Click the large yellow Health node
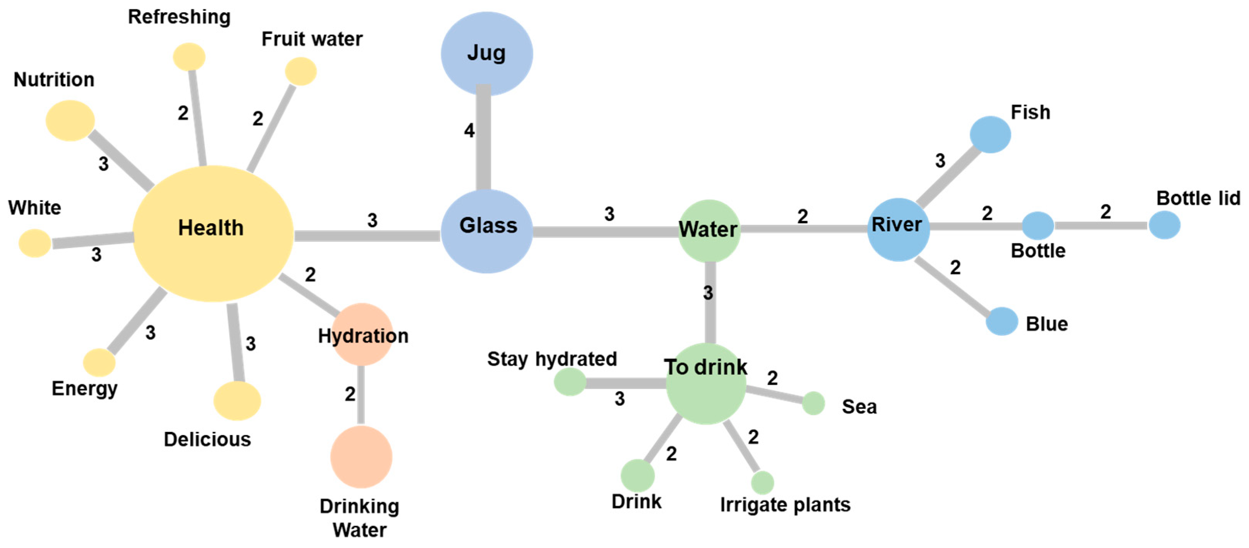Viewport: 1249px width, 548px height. (x=213, y=234)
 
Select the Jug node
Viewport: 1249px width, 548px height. (x=486, y=53)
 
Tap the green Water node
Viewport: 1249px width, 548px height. (x=708, y=231)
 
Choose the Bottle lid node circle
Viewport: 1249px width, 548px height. (x=1164, y=225)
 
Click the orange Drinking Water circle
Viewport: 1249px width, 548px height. (x=361, y=457)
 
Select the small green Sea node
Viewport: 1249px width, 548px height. (x=813, y=403)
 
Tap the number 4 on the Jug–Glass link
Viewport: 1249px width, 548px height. (x=469, y=130)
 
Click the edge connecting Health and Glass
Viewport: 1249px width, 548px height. (x=367, y=236)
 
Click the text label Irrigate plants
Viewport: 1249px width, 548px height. (x=784, y=505)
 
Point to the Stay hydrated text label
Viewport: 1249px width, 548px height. (x=551, y=359)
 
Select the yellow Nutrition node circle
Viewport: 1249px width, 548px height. (x=70, y=121)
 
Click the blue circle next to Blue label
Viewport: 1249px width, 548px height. (x=1001, y=321)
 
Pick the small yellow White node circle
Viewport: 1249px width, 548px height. (x=35, y=243)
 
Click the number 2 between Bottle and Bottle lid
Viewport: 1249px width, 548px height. (x=1105, y=212)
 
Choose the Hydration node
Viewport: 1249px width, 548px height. (x=362, y=334)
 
